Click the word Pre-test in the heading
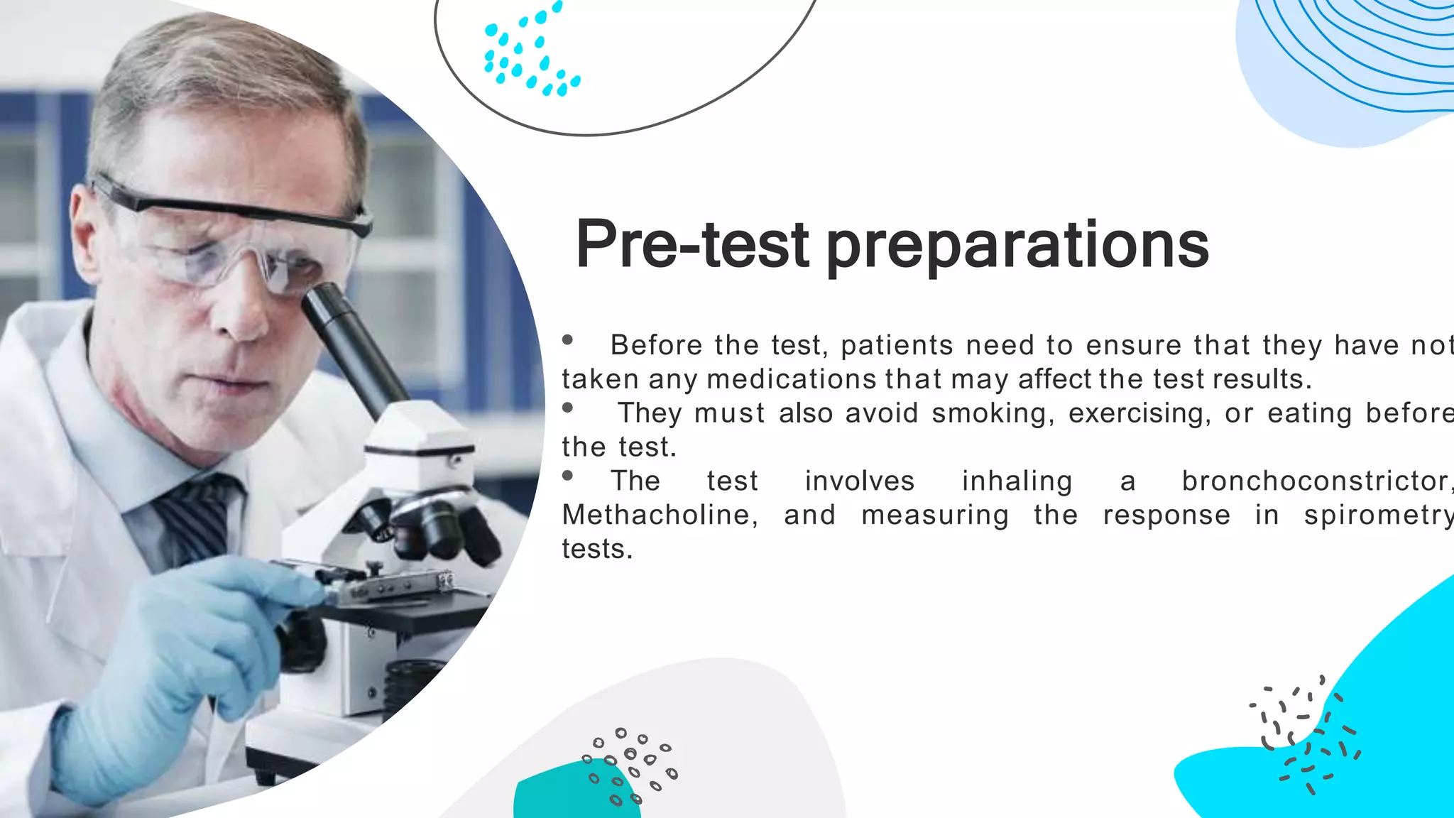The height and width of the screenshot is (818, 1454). pyautogui.click(x=692, y=245)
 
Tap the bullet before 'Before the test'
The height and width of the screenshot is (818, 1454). pyautogui.click(x=567, y=340)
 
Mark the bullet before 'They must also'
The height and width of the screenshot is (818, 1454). pyautogui.click(x=567, y=408)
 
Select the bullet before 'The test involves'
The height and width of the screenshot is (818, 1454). pyautogui.click(x=567, y=476)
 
